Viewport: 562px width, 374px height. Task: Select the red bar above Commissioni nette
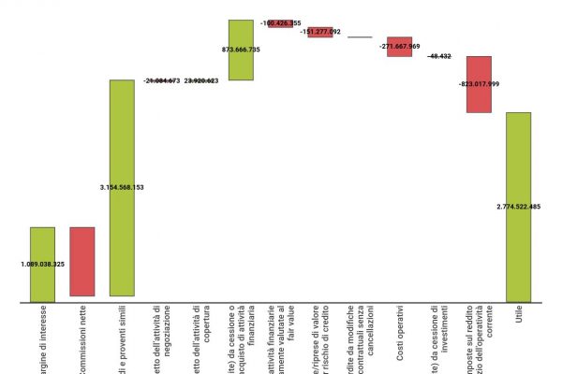[81, 262]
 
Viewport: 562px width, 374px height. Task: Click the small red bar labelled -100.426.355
[281, 23]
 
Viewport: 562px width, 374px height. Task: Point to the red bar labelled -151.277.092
[320, 32]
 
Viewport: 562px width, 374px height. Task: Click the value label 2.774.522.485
[518, 206]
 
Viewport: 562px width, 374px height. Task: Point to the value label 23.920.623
[201, 81]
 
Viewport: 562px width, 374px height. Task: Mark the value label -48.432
[439, 56]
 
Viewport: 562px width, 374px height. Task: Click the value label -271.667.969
[400, 46]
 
